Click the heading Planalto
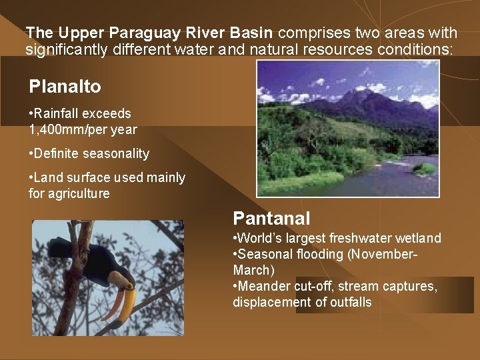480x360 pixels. pyautogui.click(x=65, y=87)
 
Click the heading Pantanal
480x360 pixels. pyautogui.click(x=271, y=218)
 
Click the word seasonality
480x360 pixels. pyautogui.click(x=116, y=154)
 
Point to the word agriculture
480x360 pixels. pyautogui.click(x=77, y=194)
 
